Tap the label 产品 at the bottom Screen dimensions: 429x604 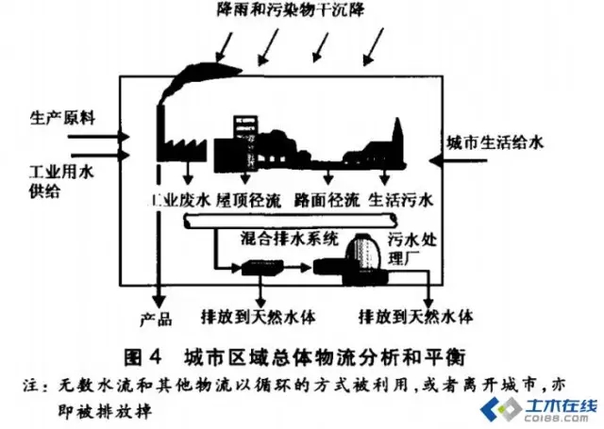(x=153, y=316)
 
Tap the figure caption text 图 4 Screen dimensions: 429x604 (x=143, y=356)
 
